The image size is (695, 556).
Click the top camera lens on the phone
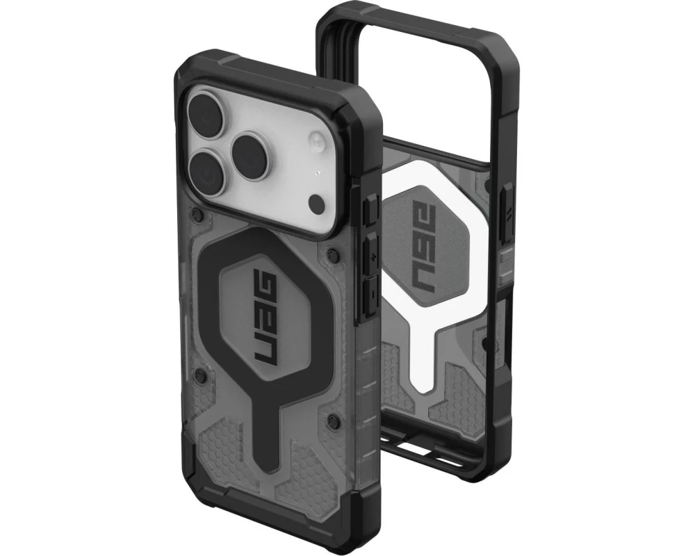tap(206, 115)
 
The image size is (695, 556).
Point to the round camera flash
tap(318, 141)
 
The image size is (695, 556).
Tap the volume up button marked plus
tap(370, 254)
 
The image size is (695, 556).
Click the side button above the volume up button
tap(370, 210)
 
